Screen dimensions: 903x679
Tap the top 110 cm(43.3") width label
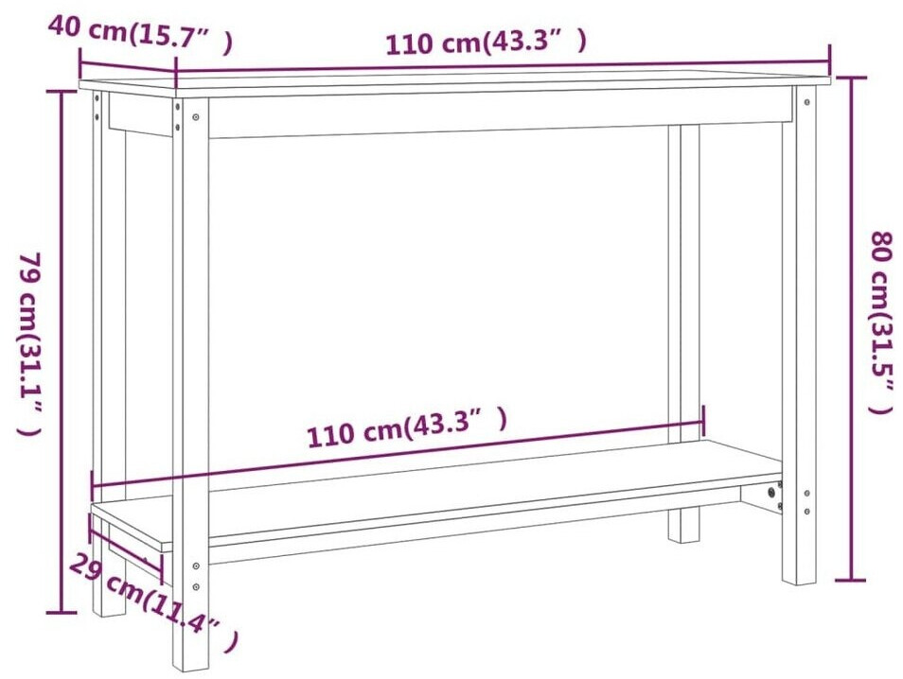tap(486, 43)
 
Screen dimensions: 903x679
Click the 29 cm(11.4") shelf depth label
tap(151, 605)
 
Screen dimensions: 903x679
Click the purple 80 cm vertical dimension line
tap(851, 331)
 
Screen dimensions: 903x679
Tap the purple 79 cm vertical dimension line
tap(63, 350)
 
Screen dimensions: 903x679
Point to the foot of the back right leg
tap(683, 534)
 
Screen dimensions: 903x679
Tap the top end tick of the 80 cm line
tap(851, 78)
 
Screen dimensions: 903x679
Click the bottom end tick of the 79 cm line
tap(63, 614)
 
